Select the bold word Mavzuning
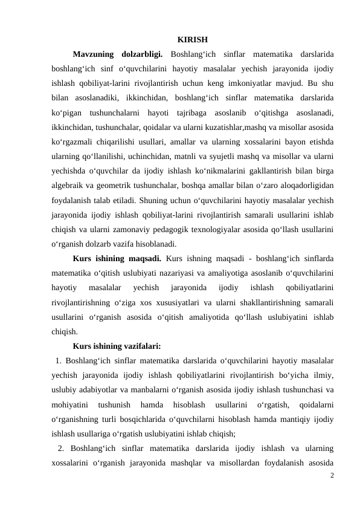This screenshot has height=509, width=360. [92, 56]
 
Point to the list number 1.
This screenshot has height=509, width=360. [59, 361]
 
